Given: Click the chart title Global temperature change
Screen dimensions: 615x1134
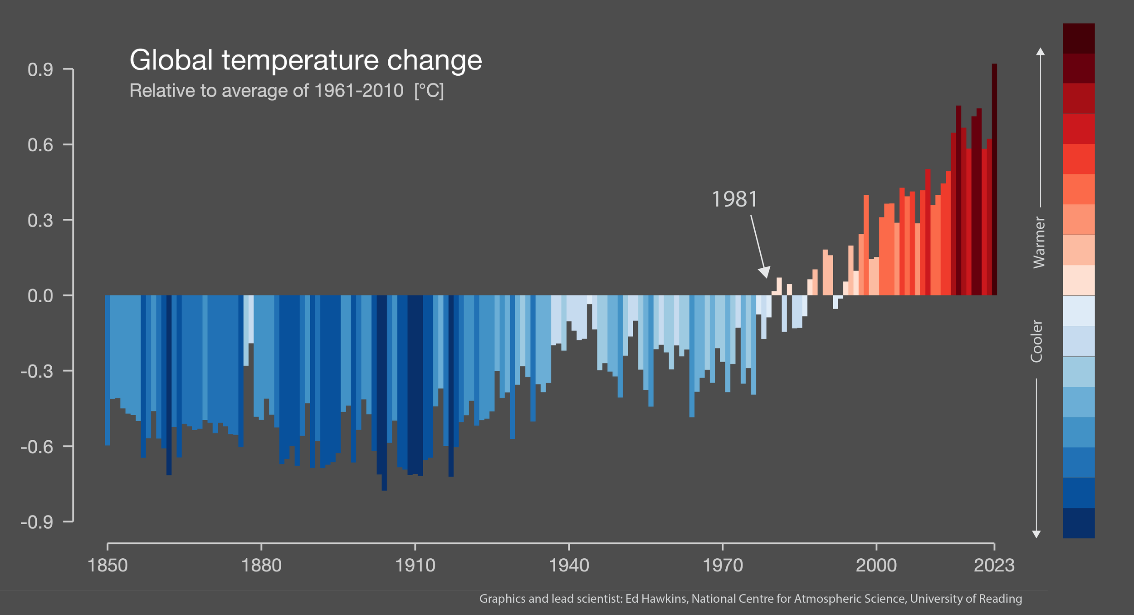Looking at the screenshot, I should coord(305,60).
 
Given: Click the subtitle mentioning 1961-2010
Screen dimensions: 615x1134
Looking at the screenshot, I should coord(287,91).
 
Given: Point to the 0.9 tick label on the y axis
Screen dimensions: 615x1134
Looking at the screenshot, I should coord(40,70).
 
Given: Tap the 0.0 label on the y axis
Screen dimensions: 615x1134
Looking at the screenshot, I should coord(40,296).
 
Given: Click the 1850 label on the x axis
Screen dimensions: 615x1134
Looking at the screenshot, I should coord(108,566).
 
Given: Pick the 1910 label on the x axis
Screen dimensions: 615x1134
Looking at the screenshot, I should coord(415,566).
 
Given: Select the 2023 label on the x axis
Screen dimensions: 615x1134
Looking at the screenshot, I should coord(994,566).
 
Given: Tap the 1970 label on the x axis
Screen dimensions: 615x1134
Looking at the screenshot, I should coord(723,566).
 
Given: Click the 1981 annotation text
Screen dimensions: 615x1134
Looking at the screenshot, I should coord(734,200).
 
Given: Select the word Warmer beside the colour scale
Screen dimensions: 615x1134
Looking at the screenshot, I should coord(1039,242).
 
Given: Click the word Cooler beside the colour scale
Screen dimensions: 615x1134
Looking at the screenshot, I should coord(1036,341).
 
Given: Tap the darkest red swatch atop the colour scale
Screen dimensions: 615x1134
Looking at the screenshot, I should coord(1079,38).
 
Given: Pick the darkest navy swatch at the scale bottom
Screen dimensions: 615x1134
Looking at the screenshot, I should coord(1079,523).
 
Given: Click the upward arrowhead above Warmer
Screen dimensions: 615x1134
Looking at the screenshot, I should coord(1041,51).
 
